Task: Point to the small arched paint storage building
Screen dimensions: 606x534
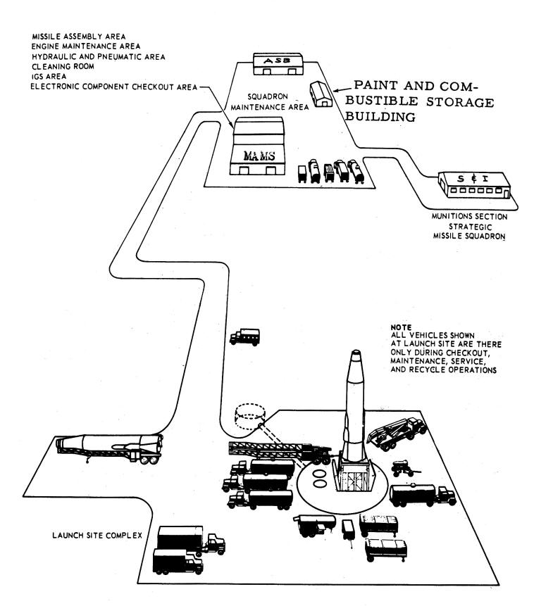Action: [x=321, y=94]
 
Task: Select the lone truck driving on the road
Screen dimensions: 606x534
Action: [x=244, y=336]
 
